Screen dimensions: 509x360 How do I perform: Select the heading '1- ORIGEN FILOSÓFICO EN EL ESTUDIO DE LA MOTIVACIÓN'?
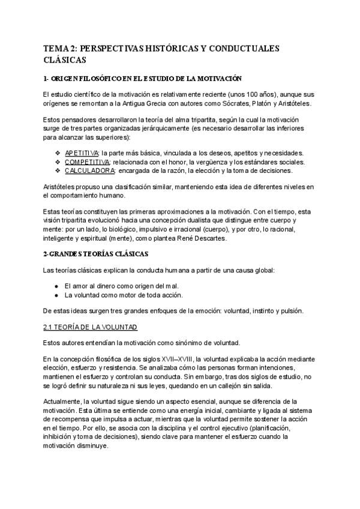[x=142, y=79]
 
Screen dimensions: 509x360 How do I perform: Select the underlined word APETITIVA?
[x=82, y=153]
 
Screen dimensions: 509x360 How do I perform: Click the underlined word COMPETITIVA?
[x=86, y=161]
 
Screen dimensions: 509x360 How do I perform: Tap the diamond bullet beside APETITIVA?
[x=58, y=153]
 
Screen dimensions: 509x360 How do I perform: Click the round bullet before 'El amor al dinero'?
[x=56, y=286]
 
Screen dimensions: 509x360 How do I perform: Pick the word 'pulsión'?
[x=292, y=310]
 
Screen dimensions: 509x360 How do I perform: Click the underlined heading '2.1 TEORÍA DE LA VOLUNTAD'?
[x=91, y=327]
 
